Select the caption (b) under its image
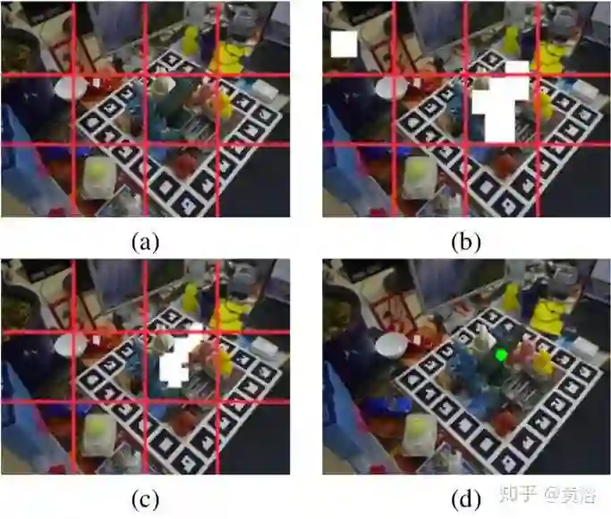(465, 241)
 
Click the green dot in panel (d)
(501, 355)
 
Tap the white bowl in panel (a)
(70, 88)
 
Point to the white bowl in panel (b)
(391, 88)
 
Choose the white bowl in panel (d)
(390, 345)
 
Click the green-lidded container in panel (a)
(98, 176)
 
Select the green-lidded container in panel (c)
(98, 434)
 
